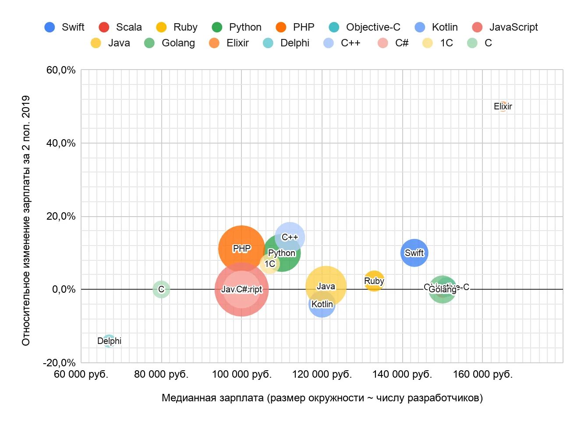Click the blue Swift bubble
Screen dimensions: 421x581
coord(414,253)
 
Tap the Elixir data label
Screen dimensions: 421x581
coord(503,106)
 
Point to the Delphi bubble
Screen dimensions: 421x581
coord(109,341)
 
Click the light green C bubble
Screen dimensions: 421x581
coord(161,289)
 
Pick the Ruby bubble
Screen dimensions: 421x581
coord(374,281)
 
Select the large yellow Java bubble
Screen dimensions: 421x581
coord(326,286)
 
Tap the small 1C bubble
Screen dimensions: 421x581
coord(269,264)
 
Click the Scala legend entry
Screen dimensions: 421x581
coord(120,27)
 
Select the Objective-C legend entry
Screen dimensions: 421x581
coord(365,27)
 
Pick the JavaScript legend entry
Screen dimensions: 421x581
coord(505,27)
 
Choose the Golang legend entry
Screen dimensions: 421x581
coord(170,43)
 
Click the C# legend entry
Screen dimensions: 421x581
coord(393,43)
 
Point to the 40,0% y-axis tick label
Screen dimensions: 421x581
coord(61,143)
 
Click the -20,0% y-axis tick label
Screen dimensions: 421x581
coord(59,363)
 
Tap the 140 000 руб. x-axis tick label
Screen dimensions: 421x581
coord(402,375)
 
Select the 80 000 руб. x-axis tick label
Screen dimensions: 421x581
coord(161,375)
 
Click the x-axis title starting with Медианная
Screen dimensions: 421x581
coord(322,398)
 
